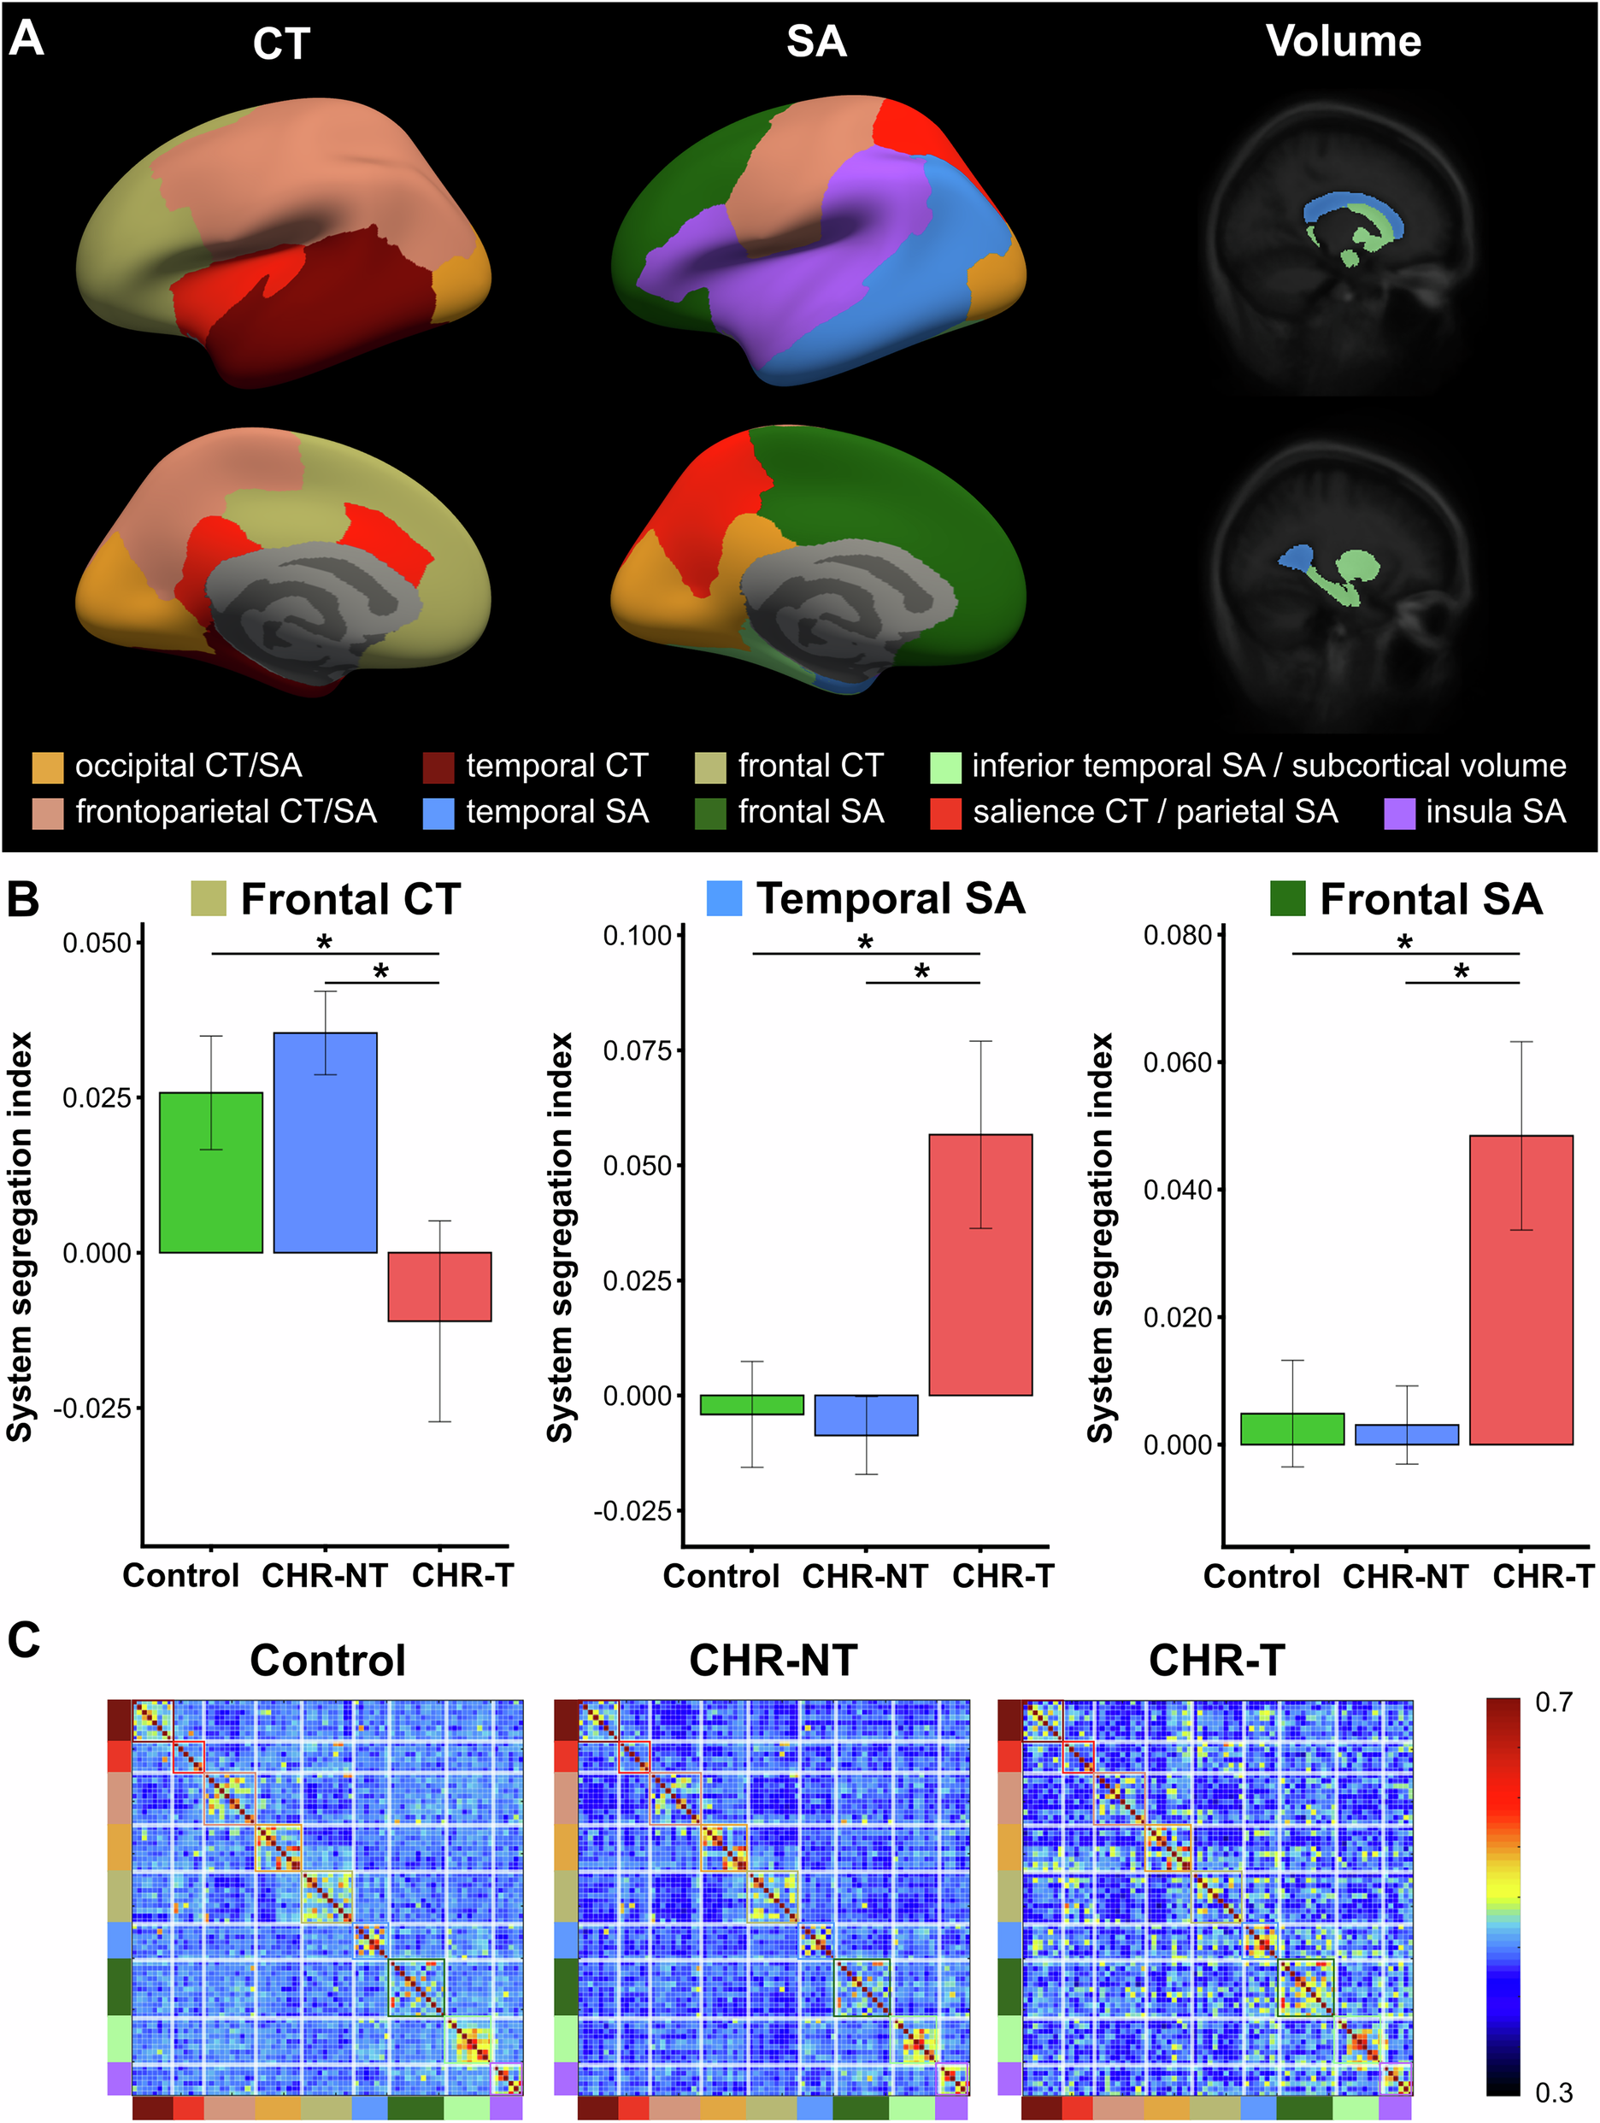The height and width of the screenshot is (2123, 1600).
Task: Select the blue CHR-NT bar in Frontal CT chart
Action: coord(325,1142)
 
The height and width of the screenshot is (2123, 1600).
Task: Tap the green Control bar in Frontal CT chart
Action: coord(210,1172)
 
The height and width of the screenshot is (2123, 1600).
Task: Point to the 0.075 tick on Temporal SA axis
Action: coord(638,1050)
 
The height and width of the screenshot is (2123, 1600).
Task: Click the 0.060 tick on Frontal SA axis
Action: coord(1178,1062)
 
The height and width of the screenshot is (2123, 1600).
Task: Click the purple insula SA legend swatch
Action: coord(1399,813)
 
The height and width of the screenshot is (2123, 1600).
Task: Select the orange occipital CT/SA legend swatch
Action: coord(47,767)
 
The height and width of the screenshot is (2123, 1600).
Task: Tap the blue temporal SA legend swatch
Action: coord(438,813)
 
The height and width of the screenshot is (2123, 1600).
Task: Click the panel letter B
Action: coord(23,900)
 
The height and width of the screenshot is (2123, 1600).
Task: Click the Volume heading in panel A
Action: coord(1342,41)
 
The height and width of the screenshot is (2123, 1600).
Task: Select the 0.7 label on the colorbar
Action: coord(1553,1703)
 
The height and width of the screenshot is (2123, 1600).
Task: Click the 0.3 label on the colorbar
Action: coord(1553,2091)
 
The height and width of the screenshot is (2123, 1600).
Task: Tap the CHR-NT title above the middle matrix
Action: coord(773,1661)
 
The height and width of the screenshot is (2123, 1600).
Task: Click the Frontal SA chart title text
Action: coord(1430,899)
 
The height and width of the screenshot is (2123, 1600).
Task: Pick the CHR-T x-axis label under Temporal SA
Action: coord(1002,1575)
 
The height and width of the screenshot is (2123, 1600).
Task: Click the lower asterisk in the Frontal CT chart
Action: coord(381,971)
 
